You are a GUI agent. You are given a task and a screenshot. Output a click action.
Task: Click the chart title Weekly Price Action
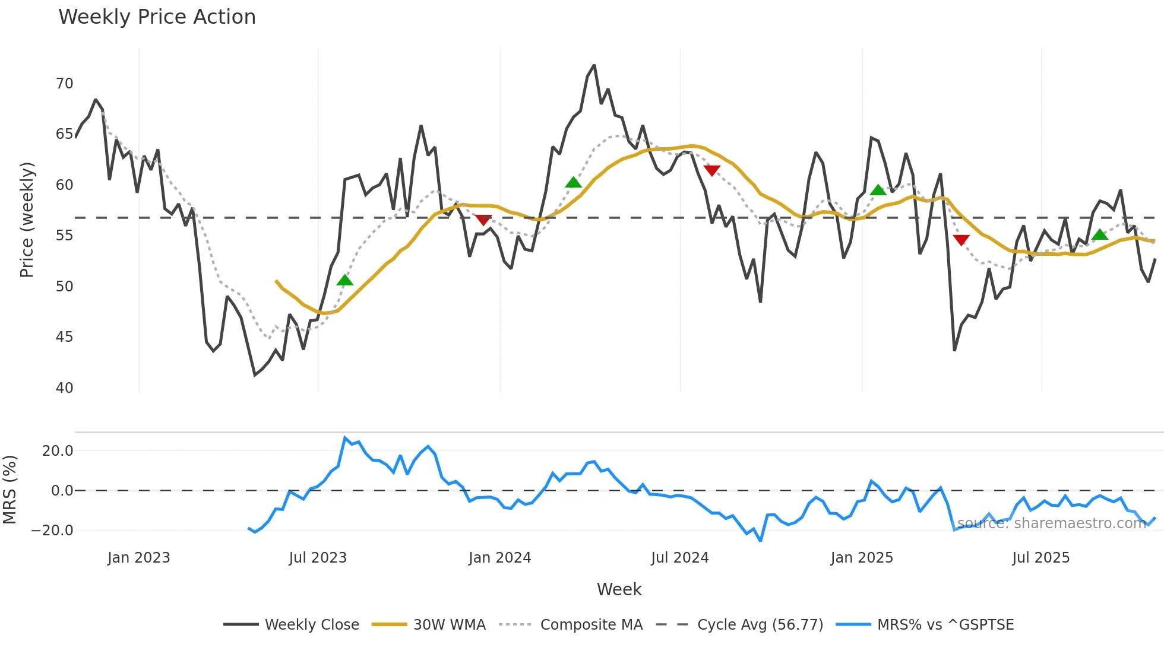(157, 17)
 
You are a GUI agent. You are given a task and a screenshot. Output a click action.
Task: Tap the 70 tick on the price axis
(65, 84)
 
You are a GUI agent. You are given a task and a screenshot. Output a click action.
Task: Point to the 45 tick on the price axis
(65, 337)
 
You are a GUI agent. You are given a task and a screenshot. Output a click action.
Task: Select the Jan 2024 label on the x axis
(499, 558)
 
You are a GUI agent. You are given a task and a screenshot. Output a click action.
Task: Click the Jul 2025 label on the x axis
(1040, 558)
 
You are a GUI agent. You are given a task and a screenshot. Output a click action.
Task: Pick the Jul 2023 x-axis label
(318, 558)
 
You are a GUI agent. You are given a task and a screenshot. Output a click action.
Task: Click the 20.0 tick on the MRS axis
(58, 451)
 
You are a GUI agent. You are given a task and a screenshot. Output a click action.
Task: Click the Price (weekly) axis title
(27, 220)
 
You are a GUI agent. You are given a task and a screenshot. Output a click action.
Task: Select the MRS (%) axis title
(10, 490)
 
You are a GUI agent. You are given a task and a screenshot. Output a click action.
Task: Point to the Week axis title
(619, 589)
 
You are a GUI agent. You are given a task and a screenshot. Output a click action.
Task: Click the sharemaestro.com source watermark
(1051, 523)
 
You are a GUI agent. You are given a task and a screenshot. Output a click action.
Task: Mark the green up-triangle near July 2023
(344, 280)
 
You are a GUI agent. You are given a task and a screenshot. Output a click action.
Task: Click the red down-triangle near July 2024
(711, 171)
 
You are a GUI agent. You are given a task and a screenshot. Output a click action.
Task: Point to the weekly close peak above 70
(594, 66)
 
